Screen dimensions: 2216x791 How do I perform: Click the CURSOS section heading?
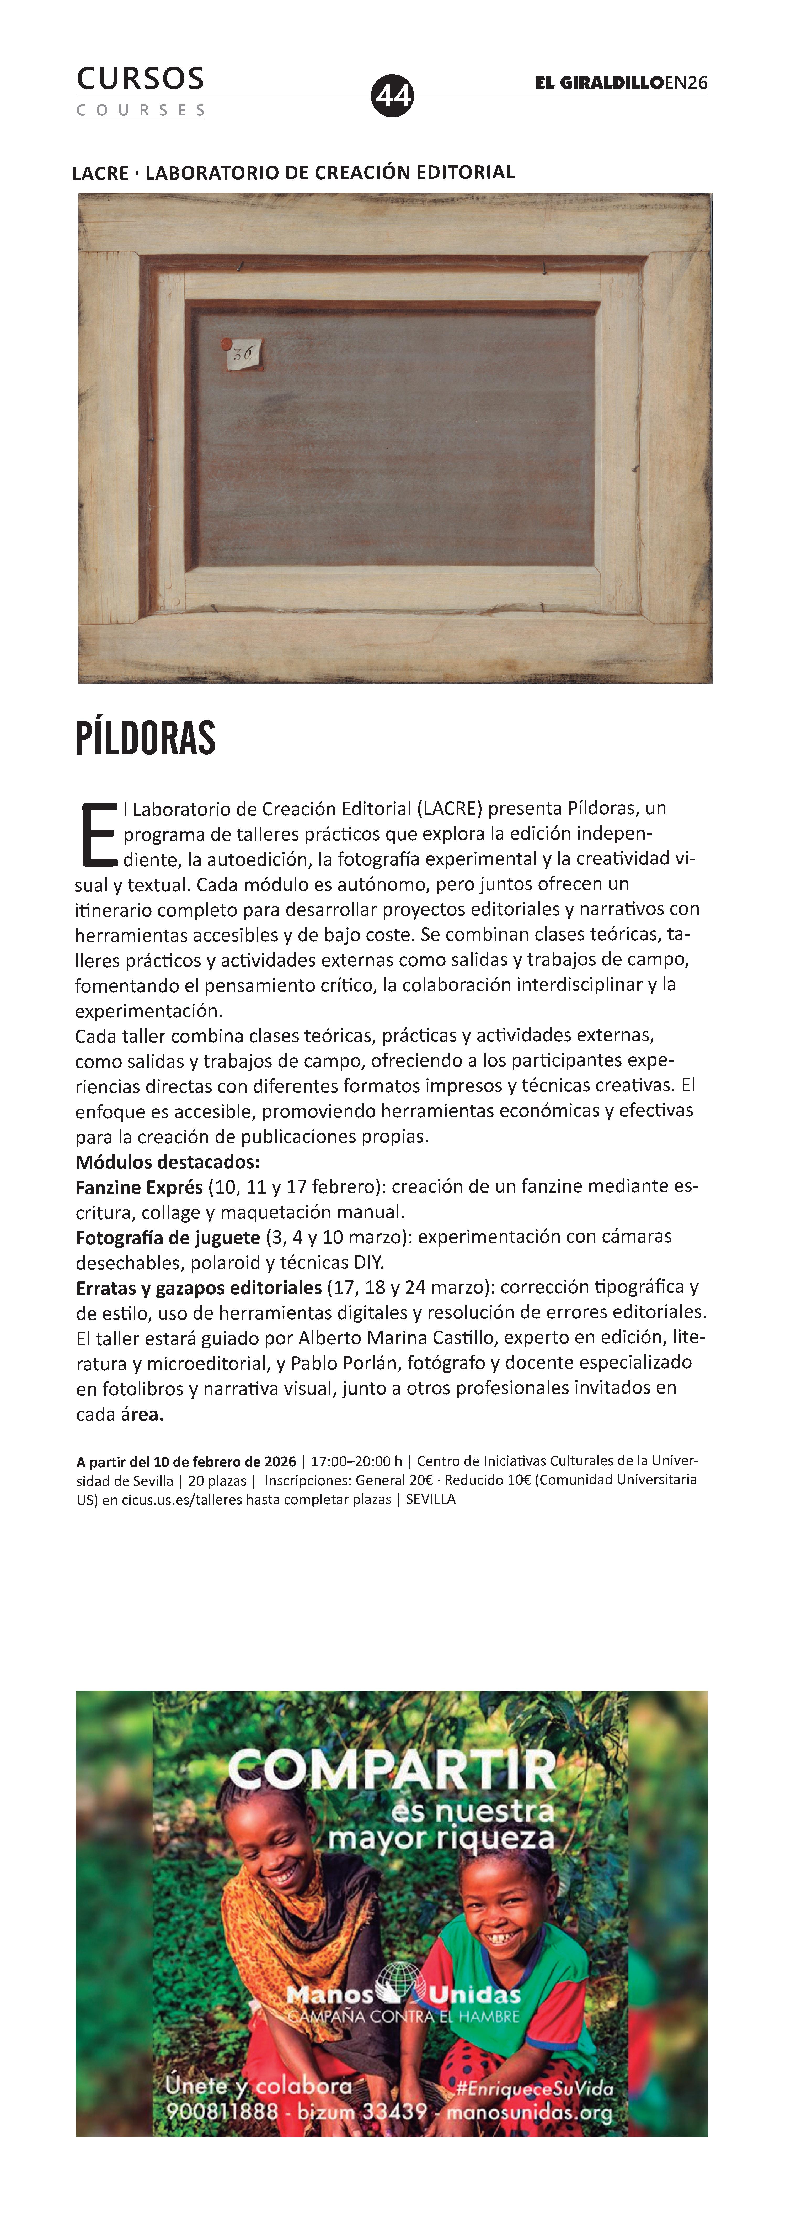tap(140, 78)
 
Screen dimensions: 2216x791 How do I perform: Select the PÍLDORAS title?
tap(145, 738)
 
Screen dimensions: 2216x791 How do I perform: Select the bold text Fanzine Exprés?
tap(138, 1186)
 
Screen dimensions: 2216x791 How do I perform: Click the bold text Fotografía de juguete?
tap(168, 1237)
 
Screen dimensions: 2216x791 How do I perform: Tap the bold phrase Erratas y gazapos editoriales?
tap(199, 1288)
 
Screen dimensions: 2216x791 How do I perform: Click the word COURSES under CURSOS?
tap(140, 110)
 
